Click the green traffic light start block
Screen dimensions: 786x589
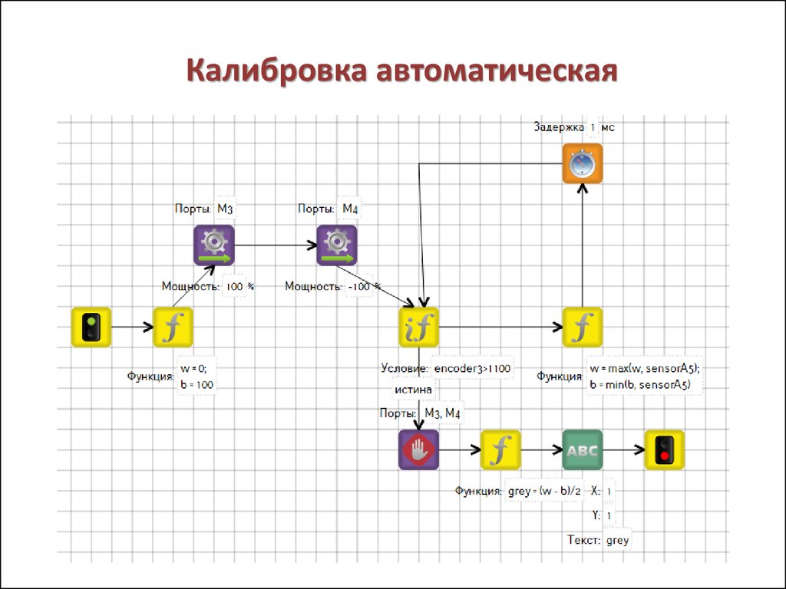tap(91, 327)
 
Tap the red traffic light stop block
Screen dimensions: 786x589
tap(664, 449)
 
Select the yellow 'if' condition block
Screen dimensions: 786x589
tap(419, 327)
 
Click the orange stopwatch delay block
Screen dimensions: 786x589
tap(583, 164)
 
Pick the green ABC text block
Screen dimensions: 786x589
tap(583, 449)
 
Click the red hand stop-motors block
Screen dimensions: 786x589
tap(419, 449)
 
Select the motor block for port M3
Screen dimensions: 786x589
tap(214, 245)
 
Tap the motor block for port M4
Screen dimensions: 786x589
tap(337, 245)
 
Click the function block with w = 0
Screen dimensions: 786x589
tap(173, 327)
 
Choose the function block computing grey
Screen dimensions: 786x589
tap(500, 449)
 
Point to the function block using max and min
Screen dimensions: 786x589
tap(583, 327)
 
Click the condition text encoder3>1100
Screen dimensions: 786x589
tap(472, 369)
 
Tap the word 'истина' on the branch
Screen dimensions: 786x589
tap(413, 389)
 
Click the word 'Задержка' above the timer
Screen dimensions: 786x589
tap(559, 127)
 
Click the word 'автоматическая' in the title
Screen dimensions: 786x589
tap(497, 71)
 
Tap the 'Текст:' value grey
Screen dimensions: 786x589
tap(618, 541)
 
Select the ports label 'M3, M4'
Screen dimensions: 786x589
tap(442, 413)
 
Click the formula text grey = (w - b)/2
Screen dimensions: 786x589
tap(544, 491)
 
